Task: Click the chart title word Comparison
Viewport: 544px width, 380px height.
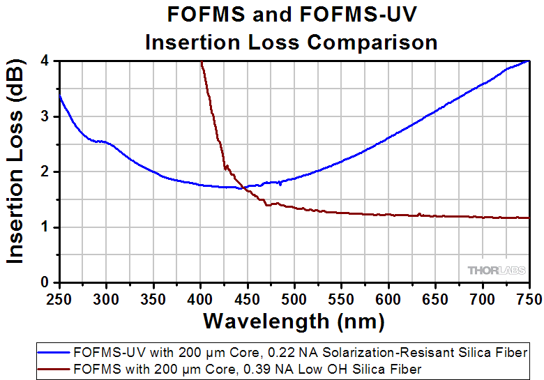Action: [373, 42]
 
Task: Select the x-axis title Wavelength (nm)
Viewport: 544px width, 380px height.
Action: [294, 321]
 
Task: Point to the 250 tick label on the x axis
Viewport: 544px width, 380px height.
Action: [60, 299]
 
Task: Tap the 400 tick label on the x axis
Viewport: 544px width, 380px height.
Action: [201, 299]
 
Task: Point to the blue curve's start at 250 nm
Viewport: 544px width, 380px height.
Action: [60, 96]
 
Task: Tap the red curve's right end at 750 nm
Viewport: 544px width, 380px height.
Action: [529, 218]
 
